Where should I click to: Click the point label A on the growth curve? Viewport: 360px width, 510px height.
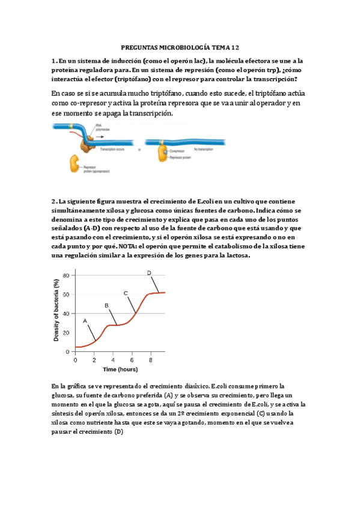(85, 321)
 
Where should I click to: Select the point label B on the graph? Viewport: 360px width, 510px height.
(106, 306)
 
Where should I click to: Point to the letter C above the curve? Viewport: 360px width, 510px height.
(126, 293)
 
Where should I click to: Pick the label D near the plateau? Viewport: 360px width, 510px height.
(149, 273)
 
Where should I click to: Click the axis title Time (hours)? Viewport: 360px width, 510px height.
(120, 369)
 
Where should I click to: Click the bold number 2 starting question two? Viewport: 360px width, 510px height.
(53, 201)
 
